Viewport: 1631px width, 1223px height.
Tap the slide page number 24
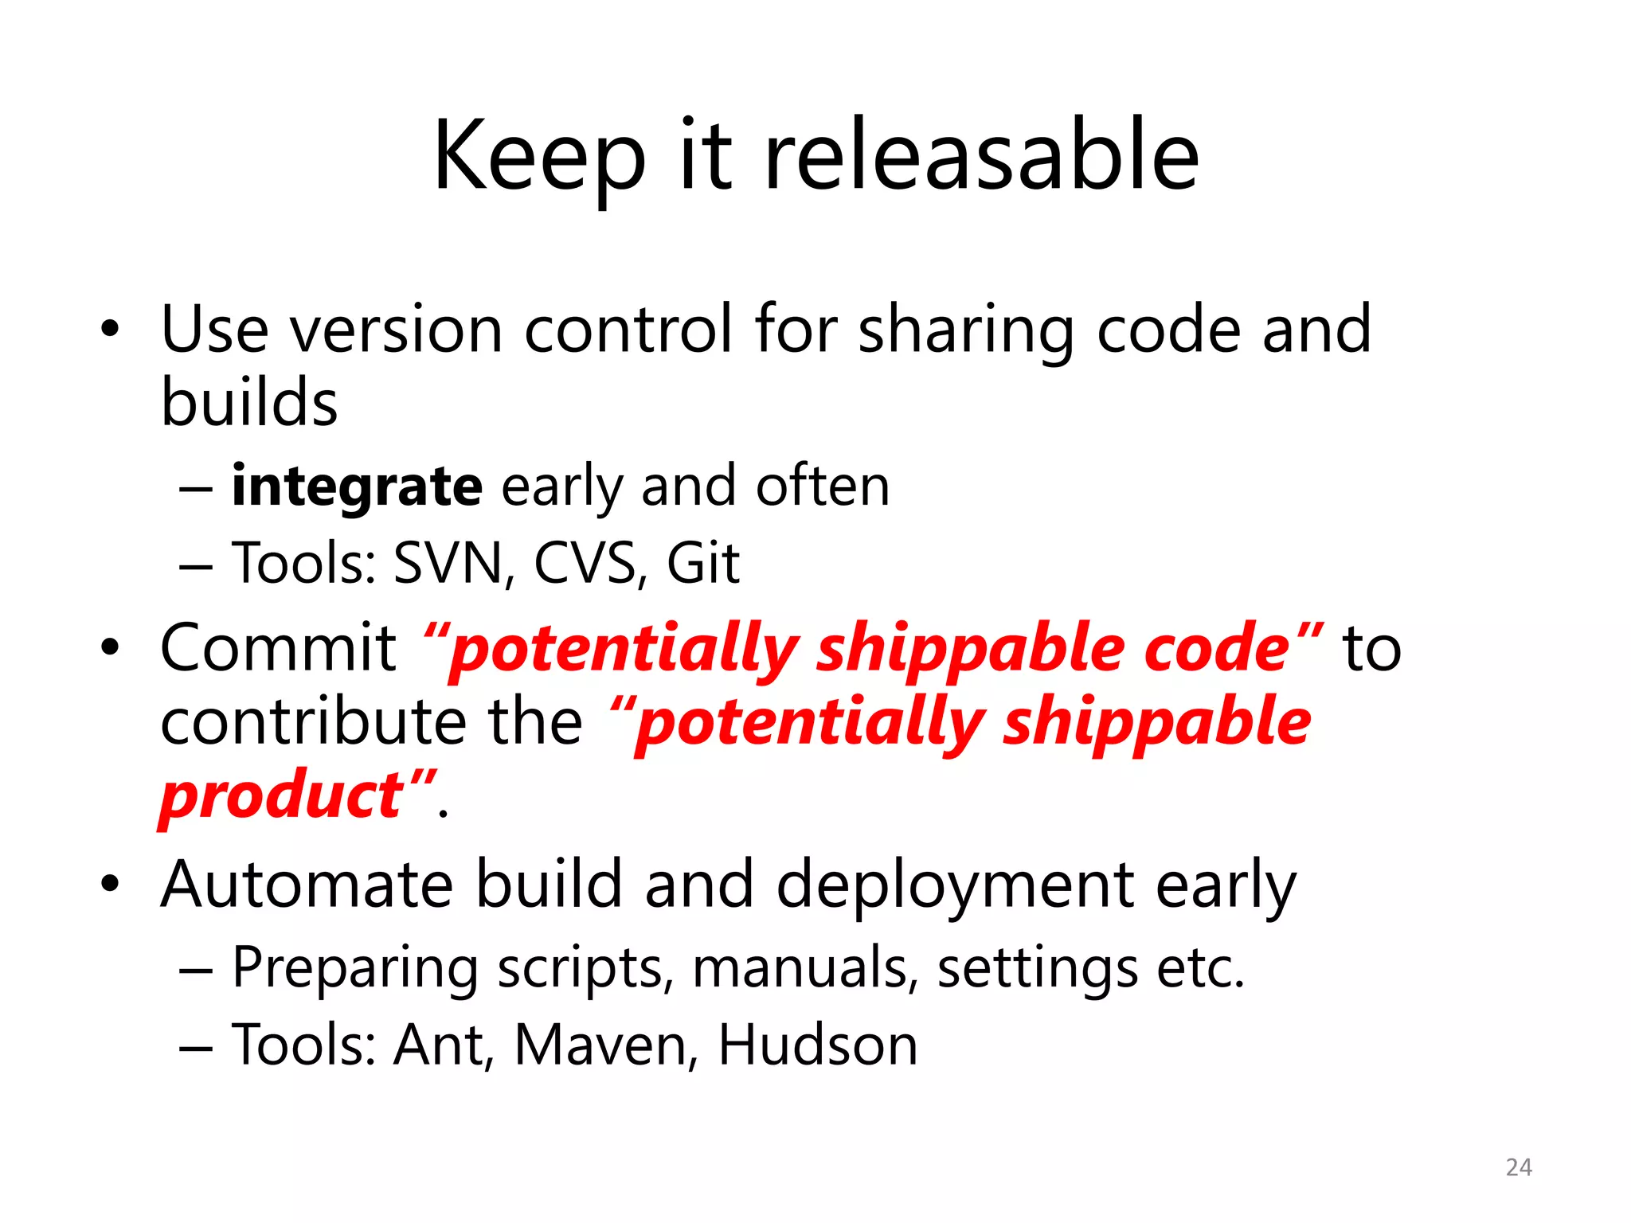(x=1519, y=1167)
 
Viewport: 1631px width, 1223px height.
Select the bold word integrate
(x=357, y=486)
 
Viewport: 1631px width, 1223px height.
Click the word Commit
(x=278, y=648)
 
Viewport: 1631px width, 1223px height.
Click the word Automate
(x=307, y=884)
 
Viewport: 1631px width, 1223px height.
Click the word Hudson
(x=818, y=1045)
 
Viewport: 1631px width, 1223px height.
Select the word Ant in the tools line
(x=439, y=1045)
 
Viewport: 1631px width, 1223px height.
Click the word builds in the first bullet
(x=249, y=402)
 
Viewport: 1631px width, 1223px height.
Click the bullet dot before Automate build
(x=110, y=884)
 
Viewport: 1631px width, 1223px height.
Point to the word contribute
(x=313, y=721)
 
